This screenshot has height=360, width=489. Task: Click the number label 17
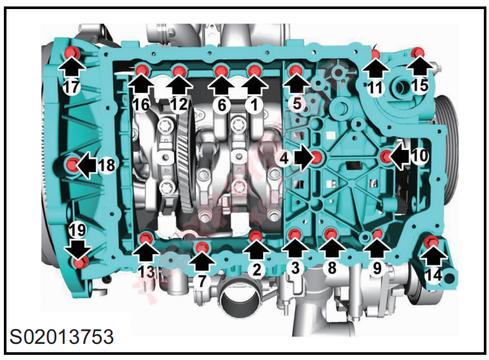click(71, 87)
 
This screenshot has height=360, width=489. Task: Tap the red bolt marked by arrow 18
click(73, 164)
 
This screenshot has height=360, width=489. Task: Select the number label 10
click(420, 155)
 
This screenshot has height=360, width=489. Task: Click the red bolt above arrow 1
click(255, 70)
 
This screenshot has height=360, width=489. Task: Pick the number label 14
click(433, 275)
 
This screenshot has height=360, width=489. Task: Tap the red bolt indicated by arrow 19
click(79, 262)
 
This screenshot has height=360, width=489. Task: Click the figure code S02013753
click(61, 337)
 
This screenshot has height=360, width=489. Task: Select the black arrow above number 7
click(202, 261)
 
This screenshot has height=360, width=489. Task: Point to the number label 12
click(179, 105)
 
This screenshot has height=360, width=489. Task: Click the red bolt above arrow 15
click(417, 53)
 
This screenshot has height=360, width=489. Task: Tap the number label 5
click(297, 103)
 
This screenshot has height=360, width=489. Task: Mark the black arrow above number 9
click(377, 249)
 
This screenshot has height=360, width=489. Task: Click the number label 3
click(295, 268)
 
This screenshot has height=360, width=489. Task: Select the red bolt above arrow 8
click(331, 233)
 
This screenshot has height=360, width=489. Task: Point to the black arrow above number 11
click(376, 70)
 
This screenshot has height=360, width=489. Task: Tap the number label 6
click(221, 105)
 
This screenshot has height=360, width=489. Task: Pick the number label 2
click(256, 270)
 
